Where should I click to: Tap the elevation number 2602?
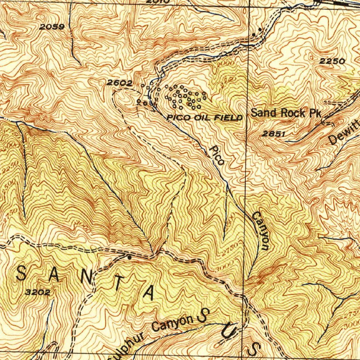[x=120, y=83]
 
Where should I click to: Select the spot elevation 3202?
[x=38, y=292]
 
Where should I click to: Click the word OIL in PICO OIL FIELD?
[x=202, y=118]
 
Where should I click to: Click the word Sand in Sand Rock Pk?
[x=263, y=113]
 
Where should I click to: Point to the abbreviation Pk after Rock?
[x=315, y=113]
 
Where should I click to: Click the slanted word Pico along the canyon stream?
[x=217, y=155]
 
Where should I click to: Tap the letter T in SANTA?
[x=120, y=283]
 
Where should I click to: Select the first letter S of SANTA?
[x=21, y=273]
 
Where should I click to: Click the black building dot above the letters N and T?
[x=129, y=258]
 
